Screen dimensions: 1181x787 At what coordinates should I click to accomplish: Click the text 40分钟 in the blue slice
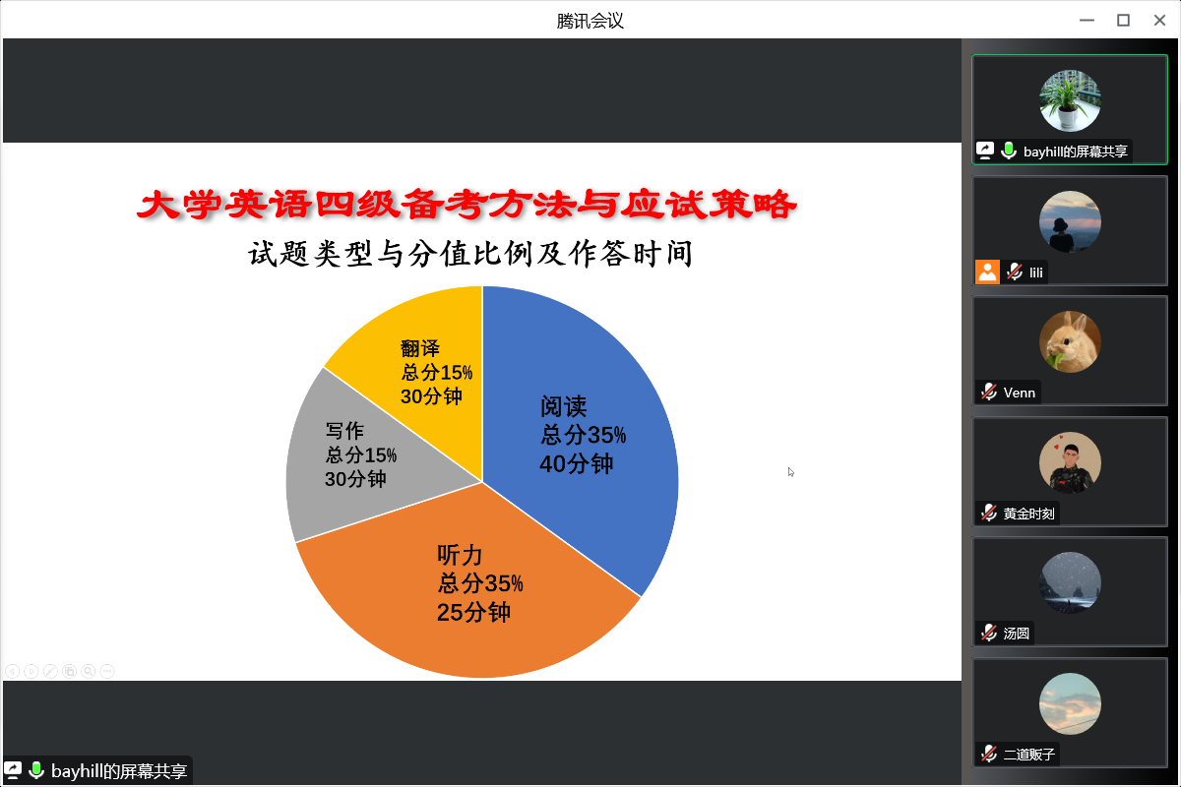coord(577,464)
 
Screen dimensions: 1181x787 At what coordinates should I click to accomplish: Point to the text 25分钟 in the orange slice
coord(473,613)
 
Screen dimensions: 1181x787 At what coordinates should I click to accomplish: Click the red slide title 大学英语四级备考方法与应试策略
coord(466,204)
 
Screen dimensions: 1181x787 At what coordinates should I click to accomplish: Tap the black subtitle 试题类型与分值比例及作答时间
coord(470,254)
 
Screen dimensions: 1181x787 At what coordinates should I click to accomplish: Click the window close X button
coord(1159,20)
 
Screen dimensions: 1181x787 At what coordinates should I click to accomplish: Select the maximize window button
coord(1123,20)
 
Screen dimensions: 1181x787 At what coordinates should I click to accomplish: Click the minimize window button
coord(1087,20)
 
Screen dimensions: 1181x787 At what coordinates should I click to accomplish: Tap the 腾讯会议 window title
coord(590,21)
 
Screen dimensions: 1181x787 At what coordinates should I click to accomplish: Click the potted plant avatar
coord(1070,100)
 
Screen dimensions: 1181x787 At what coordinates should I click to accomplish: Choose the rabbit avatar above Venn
coord(1070,341)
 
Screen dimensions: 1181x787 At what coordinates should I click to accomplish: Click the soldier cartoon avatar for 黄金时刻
coord(1070,462)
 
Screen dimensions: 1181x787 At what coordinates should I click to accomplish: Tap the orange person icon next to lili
coord(987,272)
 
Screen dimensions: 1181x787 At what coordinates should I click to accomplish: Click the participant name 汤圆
coord(1016,634)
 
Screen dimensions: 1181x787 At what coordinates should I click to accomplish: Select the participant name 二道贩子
coord(1029,755)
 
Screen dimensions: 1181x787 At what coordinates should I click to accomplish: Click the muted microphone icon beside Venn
coord(988,393)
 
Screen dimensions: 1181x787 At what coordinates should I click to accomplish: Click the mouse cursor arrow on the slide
coord(791,472)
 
